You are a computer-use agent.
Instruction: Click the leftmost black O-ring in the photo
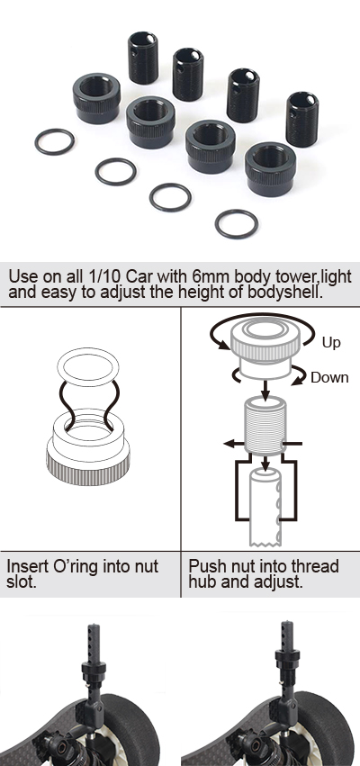37,142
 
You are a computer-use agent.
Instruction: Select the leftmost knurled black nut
96,98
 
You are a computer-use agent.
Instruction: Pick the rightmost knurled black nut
271,169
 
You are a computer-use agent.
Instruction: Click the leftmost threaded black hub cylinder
143,58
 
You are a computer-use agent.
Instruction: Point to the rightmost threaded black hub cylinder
302,119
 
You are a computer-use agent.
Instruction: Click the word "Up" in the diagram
331,342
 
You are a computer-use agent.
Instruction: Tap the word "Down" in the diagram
329,377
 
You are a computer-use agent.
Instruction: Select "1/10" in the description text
105,276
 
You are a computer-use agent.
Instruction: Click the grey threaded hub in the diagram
265,426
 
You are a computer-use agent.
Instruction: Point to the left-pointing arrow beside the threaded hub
235,444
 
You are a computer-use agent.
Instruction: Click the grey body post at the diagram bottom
265,508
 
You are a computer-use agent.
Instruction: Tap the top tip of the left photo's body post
94,625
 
